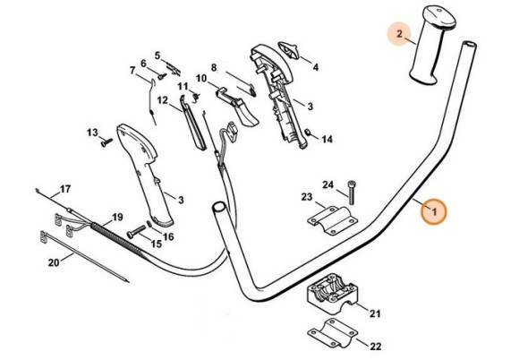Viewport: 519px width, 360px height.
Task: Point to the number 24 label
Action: tap(328, 185)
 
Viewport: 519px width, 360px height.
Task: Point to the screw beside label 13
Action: tap(106, 139)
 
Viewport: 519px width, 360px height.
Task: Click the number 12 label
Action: tap(163, 101)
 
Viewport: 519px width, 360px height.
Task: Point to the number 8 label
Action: tap(214, 67)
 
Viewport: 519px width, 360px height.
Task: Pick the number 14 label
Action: tap(326, 140)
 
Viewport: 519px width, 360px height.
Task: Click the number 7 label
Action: tap(132, 71)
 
